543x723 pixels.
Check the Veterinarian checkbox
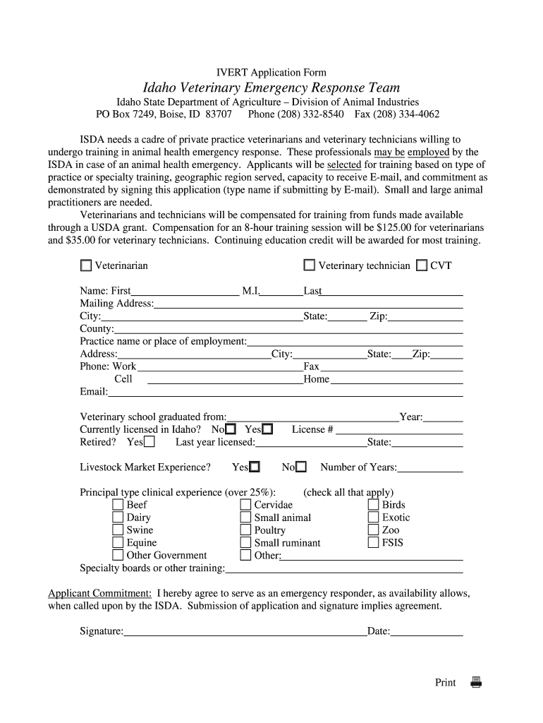(86, 265)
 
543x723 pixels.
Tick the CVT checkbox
(421, 265)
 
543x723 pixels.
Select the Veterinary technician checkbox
(309, 265)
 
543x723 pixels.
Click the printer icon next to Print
(476, 682)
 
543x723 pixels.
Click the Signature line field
(245, 631)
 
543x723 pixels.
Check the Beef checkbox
(118, 505)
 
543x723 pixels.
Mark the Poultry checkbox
(245, 530)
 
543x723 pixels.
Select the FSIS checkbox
(373, 543)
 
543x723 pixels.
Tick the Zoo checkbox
(373, 530)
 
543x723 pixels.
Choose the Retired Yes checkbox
(149, 442)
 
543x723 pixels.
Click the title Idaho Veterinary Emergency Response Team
(271, 88)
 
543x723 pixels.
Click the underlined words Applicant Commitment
(99, 593)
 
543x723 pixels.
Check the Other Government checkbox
(118, 556)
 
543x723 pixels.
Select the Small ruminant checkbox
(245, 543)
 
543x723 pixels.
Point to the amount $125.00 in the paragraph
(399, 228)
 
